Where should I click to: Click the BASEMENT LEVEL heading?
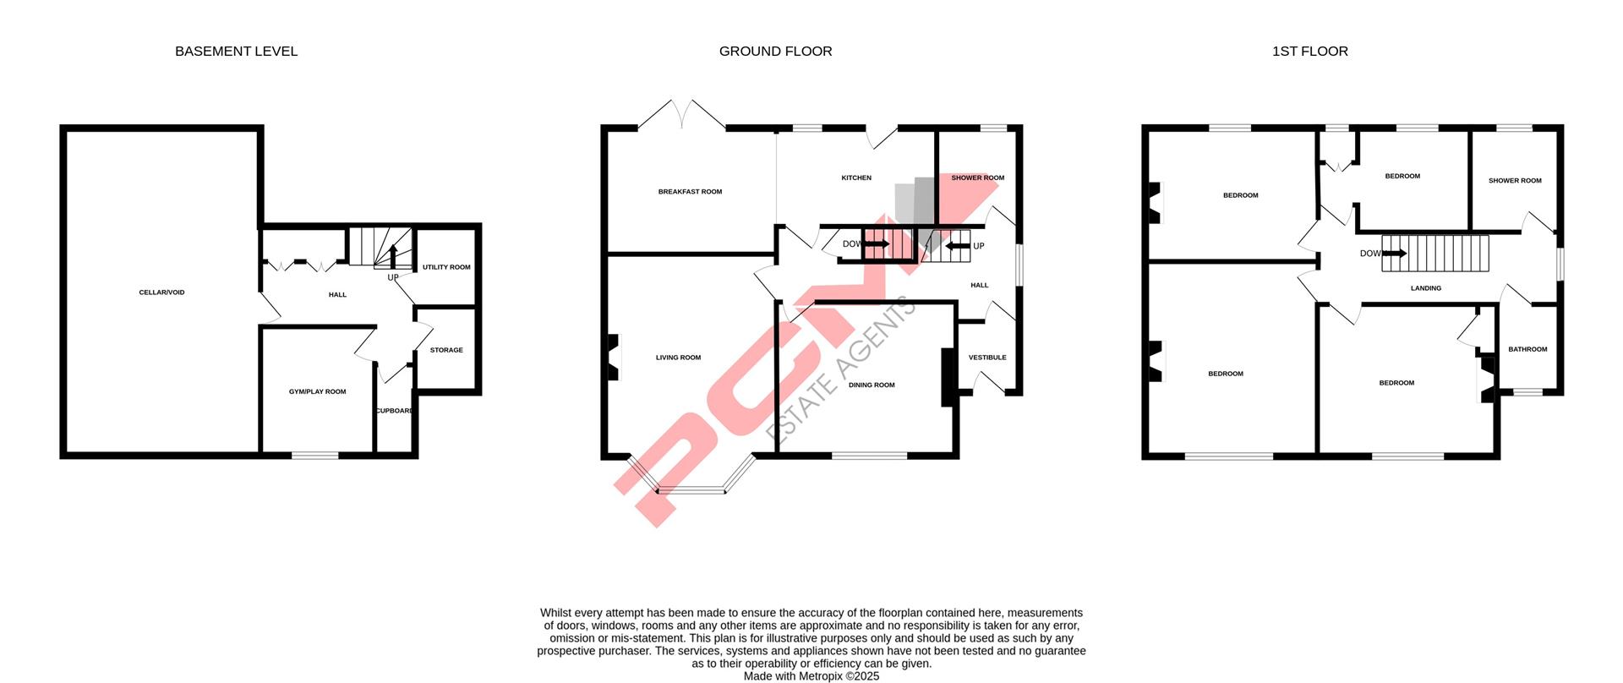pos(236,52)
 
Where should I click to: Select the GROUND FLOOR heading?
pos(775,52)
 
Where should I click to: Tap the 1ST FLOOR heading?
pos(1309,52)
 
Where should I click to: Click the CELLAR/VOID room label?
pos(161,292)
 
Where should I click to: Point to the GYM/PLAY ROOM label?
pos(317,391)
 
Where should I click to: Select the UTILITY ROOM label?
pos(446,267)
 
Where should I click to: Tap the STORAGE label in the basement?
pos(446,350)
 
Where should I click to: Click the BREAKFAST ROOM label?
pos(690,192)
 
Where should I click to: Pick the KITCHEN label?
pos(856,178)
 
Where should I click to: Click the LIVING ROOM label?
pos(678,358)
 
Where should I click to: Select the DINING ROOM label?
pos(872,385)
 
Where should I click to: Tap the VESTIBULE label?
pos(987,358)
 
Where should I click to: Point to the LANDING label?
pos(1426,288)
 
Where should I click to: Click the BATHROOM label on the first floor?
pos(1527,349)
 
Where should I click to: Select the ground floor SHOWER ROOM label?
pos(977,178)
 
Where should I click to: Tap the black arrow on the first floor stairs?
pos(1395,253)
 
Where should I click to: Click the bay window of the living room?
pos(691,489)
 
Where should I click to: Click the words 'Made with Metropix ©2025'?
pos(811,676)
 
